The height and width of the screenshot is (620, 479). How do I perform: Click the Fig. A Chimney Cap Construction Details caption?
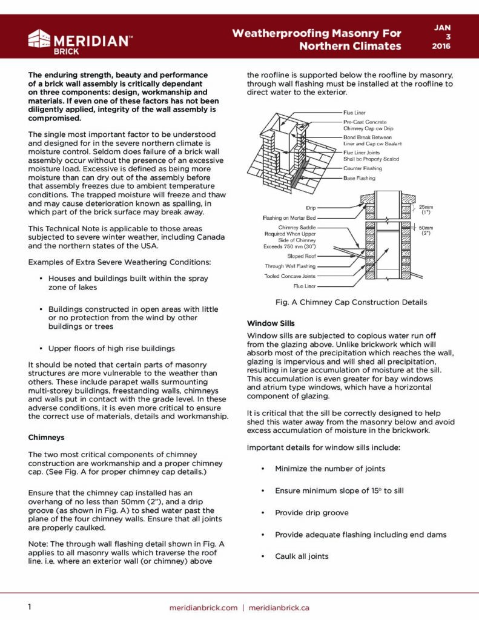coord(351,302)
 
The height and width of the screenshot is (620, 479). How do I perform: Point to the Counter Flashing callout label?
coord(363,168)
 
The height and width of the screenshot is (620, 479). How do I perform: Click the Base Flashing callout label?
coord(359,178)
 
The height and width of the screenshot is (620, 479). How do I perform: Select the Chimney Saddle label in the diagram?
coord(296,227)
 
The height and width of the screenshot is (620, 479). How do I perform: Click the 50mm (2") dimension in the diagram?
coord(427,229)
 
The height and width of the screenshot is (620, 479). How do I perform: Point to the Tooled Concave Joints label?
coord(289,276)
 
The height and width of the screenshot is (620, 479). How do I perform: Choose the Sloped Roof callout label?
coord(301,256)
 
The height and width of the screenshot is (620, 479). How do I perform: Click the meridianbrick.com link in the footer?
coord(203,607)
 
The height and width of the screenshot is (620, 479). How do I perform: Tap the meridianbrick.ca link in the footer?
coord(279,607)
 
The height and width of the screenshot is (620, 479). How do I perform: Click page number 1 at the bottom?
coord(29,607)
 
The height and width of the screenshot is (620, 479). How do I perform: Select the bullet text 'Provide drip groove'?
coord(311,512)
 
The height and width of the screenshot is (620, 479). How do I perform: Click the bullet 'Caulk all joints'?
coord(302,556)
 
